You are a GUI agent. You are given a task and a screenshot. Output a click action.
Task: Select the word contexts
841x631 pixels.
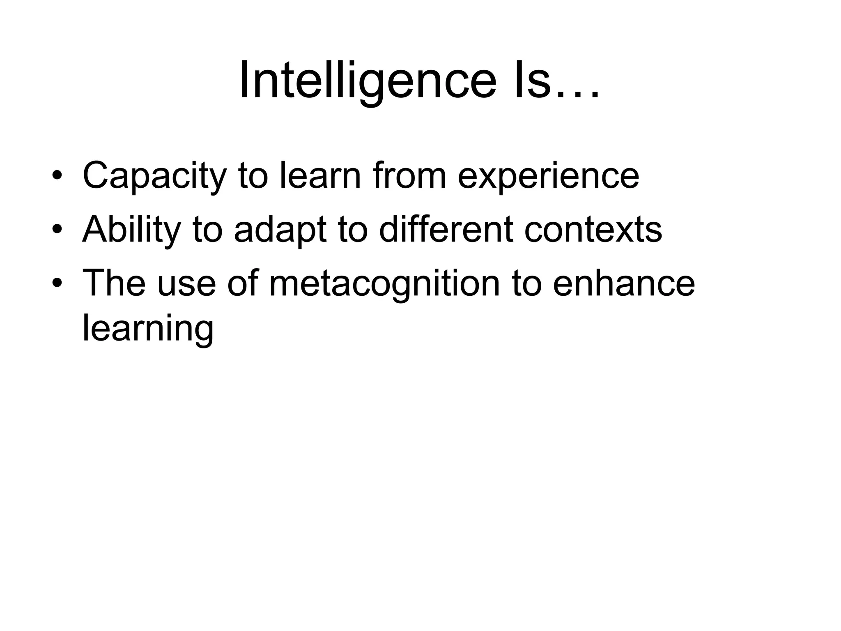coord(593,230)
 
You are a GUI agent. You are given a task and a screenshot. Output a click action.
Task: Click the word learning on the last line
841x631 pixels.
coord(148,329)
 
